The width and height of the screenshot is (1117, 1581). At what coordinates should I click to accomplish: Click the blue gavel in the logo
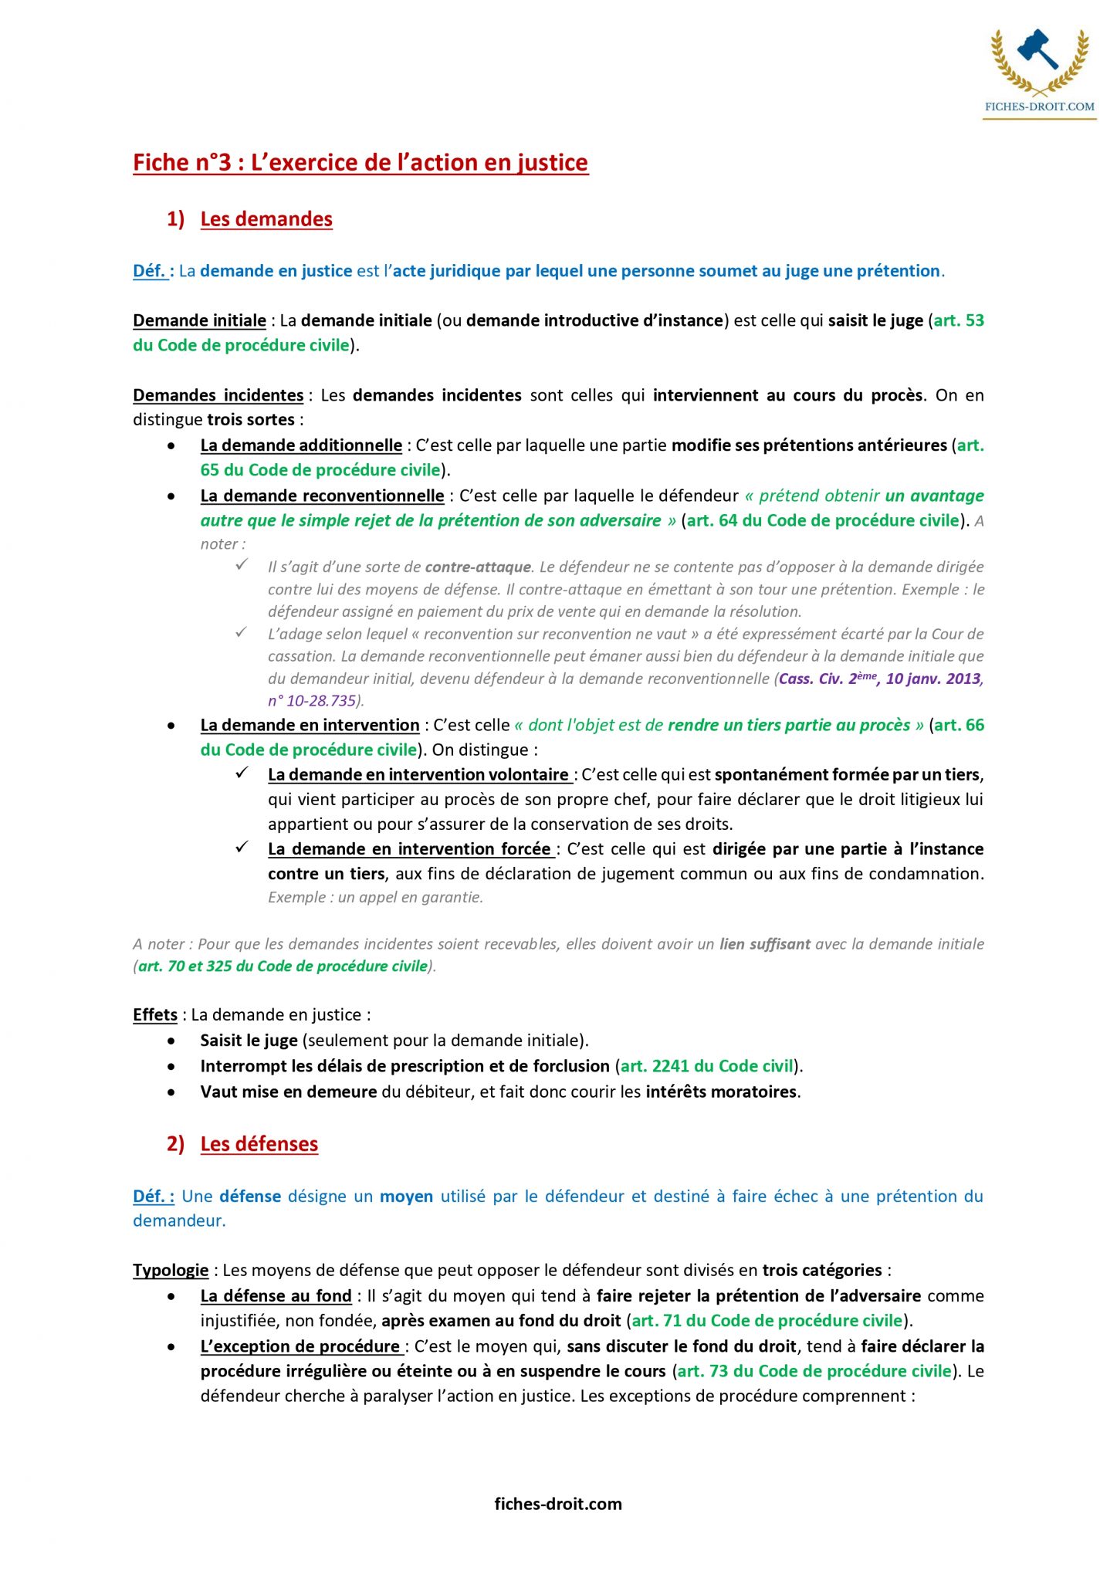[1037, 49]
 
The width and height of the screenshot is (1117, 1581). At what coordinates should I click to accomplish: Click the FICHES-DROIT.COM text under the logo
[1039, 107]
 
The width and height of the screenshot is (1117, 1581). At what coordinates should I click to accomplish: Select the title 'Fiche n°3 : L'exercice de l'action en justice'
[360, 163]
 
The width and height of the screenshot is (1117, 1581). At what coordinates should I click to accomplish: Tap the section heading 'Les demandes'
[266, 219]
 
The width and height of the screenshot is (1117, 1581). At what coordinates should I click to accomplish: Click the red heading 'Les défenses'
[259, 1144]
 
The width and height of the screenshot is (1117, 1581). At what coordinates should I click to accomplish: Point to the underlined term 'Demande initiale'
[199, 320]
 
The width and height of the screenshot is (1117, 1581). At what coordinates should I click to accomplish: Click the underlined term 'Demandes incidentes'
[218, 395]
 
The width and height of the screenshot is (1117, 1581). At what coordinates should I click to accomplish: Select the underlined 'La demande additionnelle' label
[301, 445]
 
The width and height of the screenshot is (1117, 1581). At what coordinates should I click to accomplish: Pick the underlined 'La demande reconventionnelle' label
[322, 496]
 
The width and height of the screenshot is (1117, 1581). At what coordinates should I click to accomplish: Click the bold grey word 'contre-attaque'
[478, 567]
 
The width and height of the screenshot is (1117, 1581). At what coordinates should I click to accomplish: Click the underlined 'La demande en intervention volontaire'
[418, 774]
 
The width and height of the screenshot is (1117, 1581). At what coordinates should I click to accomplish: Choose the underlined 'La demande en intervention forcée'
[409, 849]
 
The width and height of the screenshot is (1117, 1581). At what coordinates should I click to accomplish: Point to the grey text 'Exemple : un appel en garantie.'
[375, 897]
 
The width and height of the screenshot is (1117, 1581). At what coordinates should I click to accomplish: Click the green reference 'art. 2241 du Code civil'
[707, 1066]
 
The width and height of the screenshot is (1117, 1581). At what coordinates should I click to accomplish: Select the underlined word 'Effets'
[155, 1015]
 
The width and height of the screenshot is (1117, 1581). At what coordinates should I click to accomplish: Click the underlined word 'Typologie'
[171, 1270]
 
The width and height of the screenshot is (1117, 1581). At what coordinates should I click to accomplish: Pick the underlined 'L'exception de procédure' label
[300, 1346]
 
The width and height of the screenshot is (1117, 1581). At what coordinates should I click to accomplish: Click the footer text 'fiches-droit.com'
[558, 1503]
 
